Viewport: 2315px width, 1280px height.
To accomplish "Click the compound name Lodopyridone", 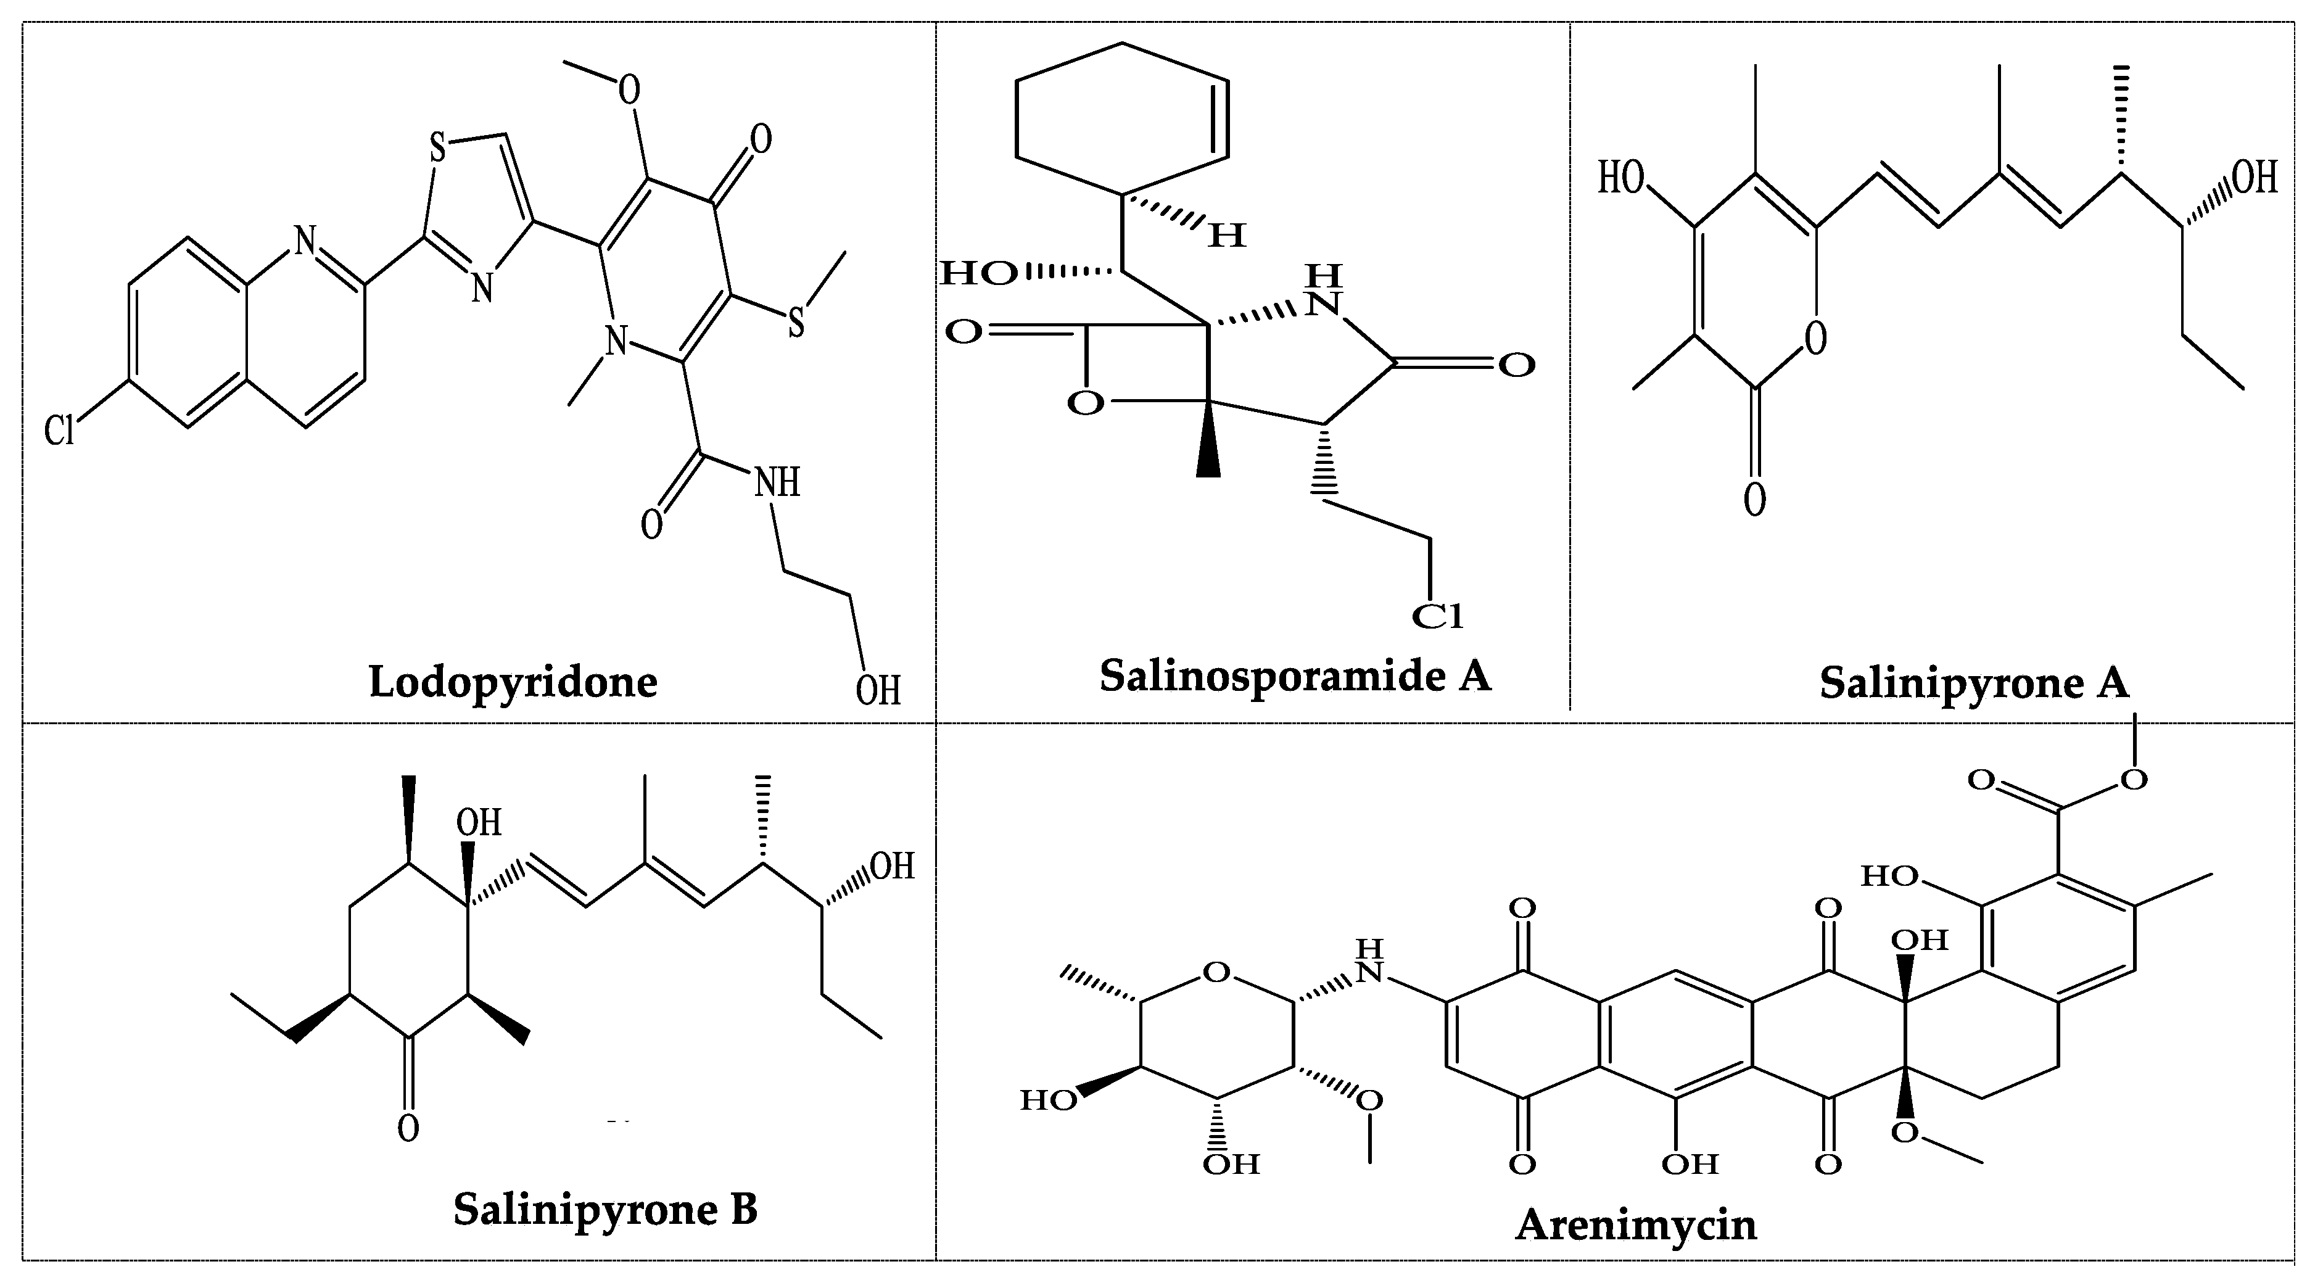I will pyautogui.click(x=513, y=682).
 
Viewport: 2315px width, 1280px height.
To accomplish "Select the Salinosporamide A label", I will pyautogui.click(x=1295, y=676).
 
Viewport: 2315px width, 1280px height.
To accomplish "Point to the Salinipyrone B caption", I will pyautogui.click(x=605, y=1209).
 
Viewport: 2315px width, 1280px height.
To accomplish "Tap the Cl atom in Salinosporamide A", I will pyautogui.click(x=1438, y=617).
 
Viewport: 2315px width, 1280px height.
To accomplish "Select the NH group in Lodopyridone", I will pyautogui.click(x=777, y=484).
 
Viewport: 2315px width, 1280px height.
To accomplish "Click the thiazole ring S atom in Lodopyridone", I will pyautogui.click(x=438, y=148).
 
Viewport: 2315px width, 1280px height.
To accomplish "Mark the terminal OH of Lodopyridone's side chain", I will pyautogui.click(x=877, y=692).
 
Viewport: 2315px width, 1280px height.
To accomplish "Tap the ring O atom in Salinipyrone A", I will pyautogui.click(x=1815, y=338).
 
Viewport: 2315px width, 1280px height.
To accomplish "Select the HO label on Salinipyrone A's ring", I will pyautogui.click(x=1621, y=179).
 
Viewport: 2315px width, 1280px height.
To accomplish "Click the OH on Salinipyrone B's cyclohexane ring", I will pyautogui.click(x=479, y=822).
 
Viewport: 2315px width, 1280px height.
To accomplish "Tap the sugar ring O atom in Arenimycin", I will pyautogui.click(x=1216, y=973).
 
